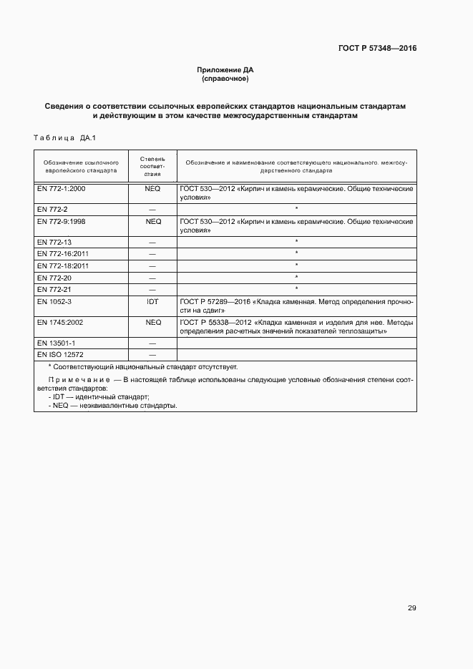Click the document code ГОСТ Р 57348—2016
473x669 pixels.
(x=377, y=49)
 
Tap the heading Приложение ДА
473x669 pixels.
(x=225, y=69)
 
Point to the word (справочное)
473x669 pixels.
(x=225, y=78)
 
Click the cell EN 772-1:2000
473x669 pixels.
(x=61, y=188)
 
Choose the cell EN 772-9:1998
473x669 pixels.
(x=61, y=222)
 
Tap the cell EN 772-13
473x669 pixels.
(x=54, y=243)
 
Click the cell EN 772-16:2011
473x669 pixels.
(x=62, y=254)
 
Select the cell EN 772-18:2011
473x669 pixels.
(x=62, y=265)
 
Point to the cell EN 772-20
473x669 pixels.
(x=54, y=277)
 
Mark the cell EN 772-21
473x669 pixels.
(x=54, y=288)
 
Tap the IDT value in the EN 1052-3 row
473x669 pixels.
(x=152, y=302)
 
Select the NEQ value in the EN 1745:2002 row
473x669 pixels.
(x=153, y=323)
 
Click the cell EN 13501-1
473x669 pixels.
(x=56, y=343)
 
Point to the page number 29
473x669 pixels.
(x=411, y=608)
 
